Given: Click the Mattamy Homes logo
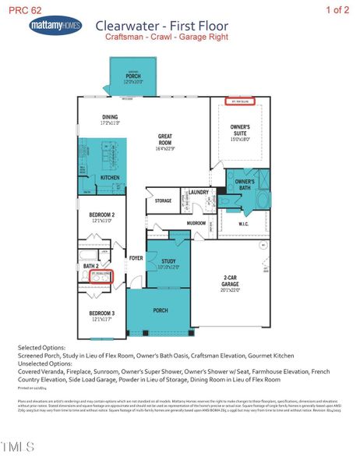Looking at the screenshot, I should pos(55,27).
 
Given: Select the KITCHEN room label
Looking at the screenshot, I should pos(110,178).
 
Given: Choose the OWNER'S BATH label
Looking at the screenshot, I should pos(245,183).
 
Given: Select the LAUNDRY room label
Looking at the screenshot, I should pos(199,192).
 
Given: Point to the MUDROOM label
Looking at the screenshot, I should pos(196,222).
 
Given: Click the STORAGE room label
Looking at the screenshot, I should pos(163,200).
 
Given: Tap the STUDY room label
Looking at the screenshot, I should pos(168,263).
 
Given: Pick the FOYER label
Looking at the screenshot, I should pos(136,258).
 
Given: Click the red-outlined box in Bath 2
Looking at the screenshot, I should pos(101,276).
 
